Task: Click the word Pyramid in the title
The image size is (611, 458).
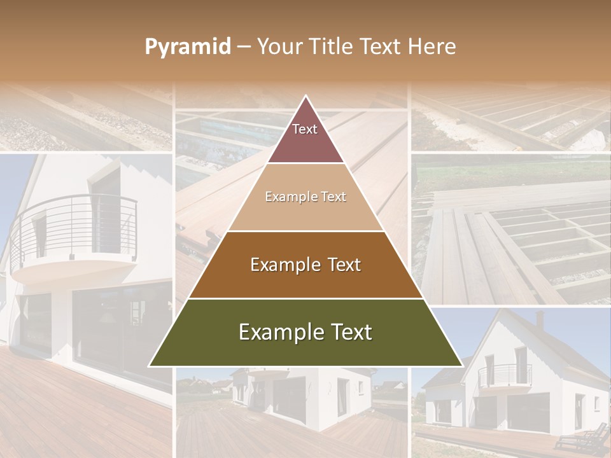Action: pyautogui.click(x=187, y=47)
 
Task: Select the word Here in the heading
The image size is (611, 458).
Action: pyautogui.click(x=432, y=46)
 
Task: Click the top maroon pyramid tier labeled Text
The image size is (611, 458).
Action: pyautogui.click(x=305, y=137)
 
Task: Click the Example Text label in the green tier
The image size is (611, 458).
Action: pyautogui.click(x=305, y=332)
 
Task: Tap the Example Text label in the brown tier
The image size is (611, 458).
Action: pyautogui.click(x=305, y=265)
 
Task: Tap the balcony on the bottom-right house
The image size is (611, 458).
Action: pyautogui.click(x=505, y=375)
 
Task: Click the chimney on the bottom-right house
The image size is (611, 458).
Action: pyautogui.click(x=540, y=317)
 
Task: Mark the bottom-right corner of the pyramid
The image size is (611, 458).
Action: pyautogui.click(x=461, y=366)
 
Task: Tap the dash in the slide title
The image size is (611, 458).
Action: pyautogui.click(x=243, y=47)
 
